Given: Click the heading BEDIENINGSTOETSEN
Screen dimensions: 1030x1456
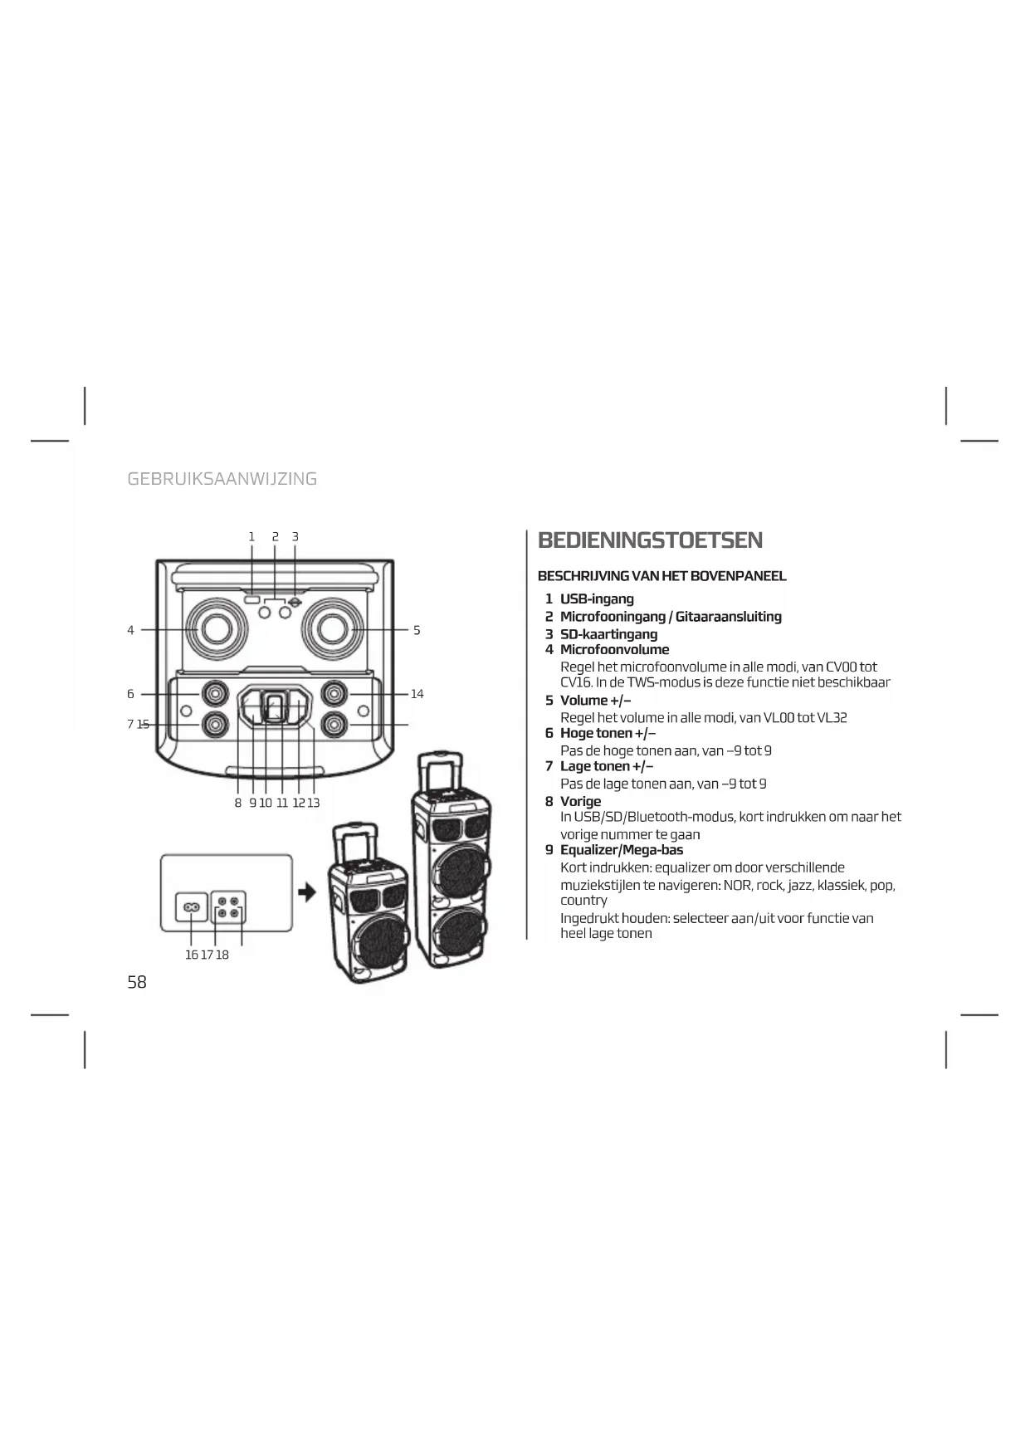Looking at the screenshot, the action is point(650,540).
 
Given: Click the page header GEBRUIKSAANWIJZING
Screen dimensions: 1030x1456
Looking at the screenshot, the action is point(222,479).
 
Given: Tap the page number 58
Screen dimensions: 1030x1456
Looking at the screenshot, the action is point(137,982).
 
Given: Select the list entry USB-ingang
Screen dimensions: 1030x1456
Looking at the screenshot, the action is point(596,599).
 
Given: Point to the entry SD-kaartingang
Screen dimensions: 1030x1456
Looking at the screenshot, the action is point(608,634).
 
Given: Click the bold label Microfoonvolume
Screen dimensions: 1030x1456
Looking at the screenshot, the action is point(614,650).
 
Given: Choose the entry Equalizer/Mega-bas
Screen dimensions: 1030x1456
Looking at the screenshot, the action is point(621,850).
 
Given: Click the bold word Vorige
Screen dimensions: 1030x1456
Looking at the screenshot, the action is point(580,801).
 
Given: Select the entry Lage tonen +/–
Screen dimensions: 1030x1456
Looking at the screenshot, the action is point(606,766).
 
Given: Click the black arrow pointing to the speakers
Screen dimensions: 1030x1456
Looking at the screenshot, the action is point(308,892).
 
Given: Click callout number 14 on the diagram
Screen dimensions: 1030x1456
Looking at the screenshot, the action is point(417,694).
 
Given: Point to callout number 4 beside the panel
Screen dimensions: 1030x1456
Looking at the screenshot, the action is point(130,630).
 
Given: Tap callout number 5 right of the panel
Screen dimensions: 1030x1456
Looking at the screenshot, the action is point(417,630).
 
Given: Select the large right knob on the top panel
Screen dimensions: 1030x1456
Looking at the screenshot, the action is point(333,628).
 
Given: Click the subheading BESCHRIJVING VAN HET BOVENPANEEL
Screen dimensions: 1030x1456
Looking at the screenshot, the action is point(661,576).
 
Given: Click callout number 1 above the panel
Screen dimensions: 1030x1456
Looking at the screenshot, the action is point(251,537).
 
